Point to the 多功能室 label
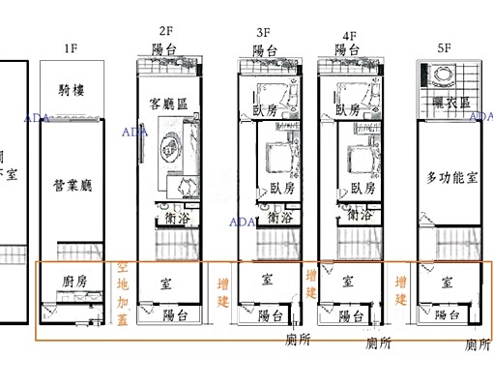click(450, 177)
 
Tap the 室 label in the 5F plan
click(448, 283)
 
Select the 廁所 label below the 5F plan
click(477, 343)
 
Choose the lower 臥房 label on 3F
click(282, 187)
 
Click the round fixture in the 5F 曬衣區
click(447, 74)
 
